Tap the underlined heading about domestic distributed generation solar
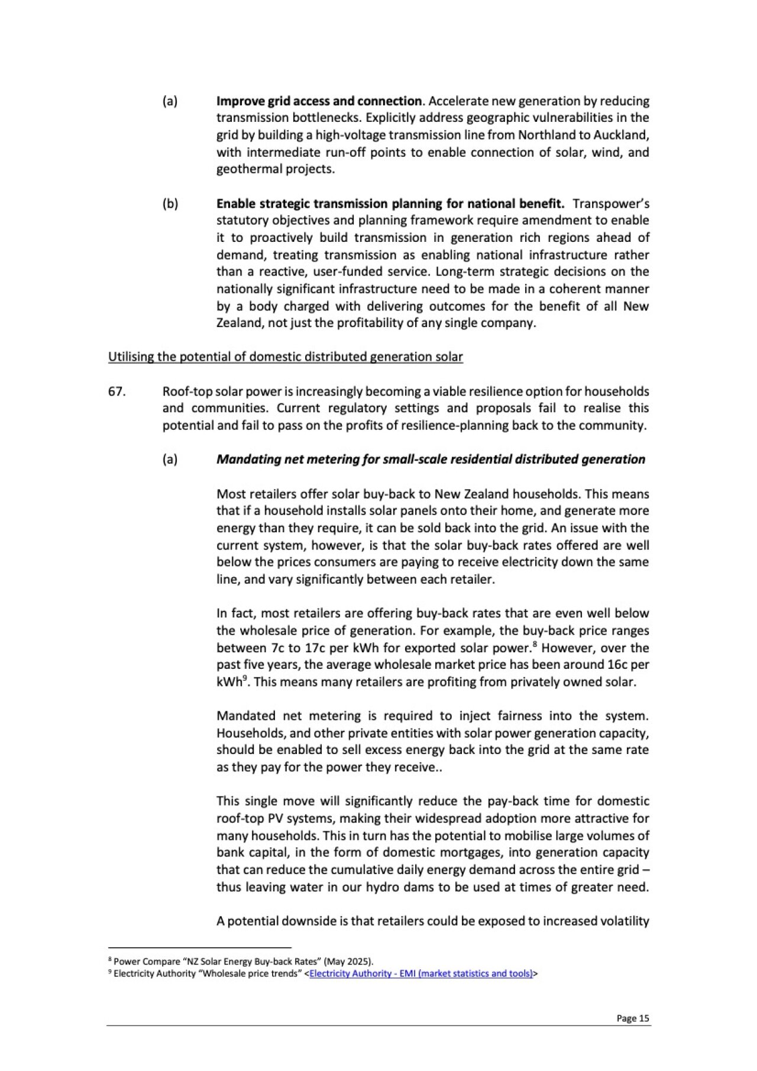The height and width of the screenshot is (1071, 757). point(285,357)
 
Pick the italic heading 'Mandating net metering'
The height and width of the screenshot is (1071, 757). point(431,460)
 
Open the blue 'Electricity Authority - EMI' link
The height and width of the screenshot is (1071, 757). point(420,973)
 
